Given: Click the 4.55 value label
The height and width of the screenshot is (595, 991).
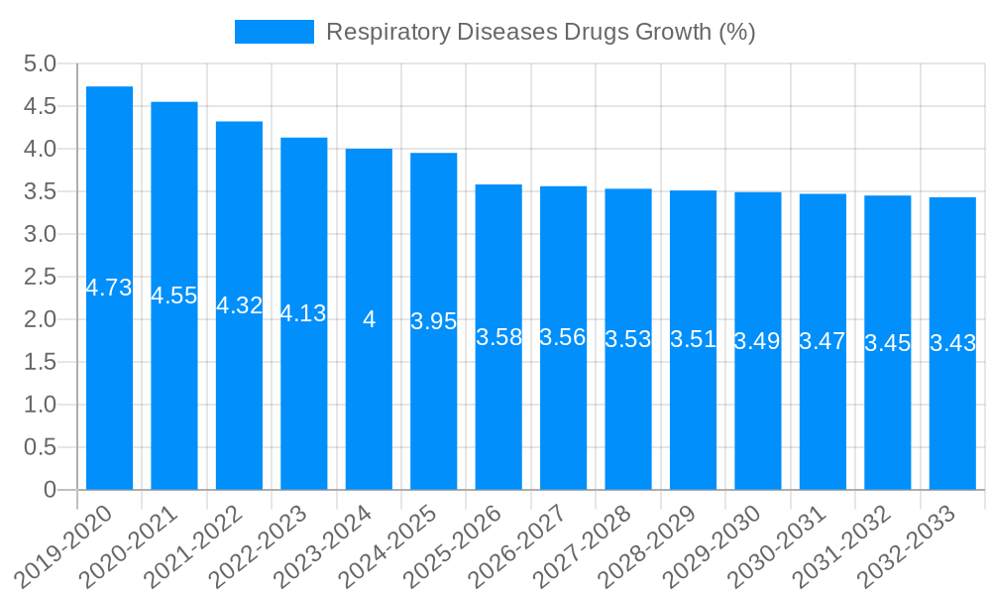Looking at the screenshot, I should click(x=173, y=296).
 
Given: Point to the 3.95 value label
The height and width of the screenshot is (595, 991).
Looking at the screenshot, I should click(x=433, y=321).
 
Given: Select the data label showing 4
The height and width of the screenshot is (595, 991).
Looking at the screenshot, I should click(x=369, y=319).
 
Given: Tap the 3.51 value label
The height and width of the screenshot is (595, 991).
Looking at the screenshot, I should click(x=693, y=339).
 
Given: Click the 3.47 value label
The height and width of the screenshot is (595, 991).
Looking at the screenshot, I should click(x=823, y=341).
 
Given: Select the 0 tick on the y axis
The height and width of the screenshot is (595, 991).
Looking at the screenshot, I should click(x=50, y=490).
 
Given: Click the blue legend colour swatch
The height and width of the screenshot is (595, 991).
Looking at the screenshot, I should click(x=274, y=32).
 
